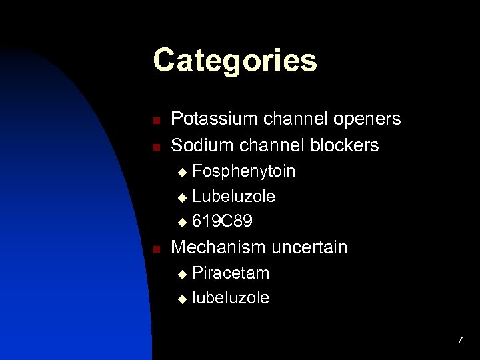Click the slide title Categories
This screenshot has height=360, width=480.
(235, 61)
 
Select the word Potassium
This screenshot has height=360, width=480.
(209, 119)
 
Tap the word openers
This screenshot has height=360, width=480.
(368, 119)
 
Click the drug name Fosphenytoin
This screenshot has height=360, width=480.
(243, 172)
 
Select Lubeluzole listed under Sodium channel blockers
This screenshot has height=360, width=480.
(233, 197)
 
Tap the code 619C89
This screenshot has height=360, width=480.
(222, 221)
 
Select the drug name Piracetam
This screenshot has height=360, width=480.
(231, 273)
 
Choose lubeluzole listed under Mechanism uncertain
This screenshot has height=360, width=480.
(231, 298)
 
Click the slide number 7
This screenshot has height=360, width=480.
(460, 341)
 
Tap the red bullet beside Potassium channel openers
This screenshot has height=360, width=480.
(155, 121)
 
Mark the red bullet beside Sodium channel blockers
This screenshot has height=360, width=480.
(155, 145)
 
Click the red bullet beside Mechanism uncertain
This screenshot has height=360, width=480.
(155, 249)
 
